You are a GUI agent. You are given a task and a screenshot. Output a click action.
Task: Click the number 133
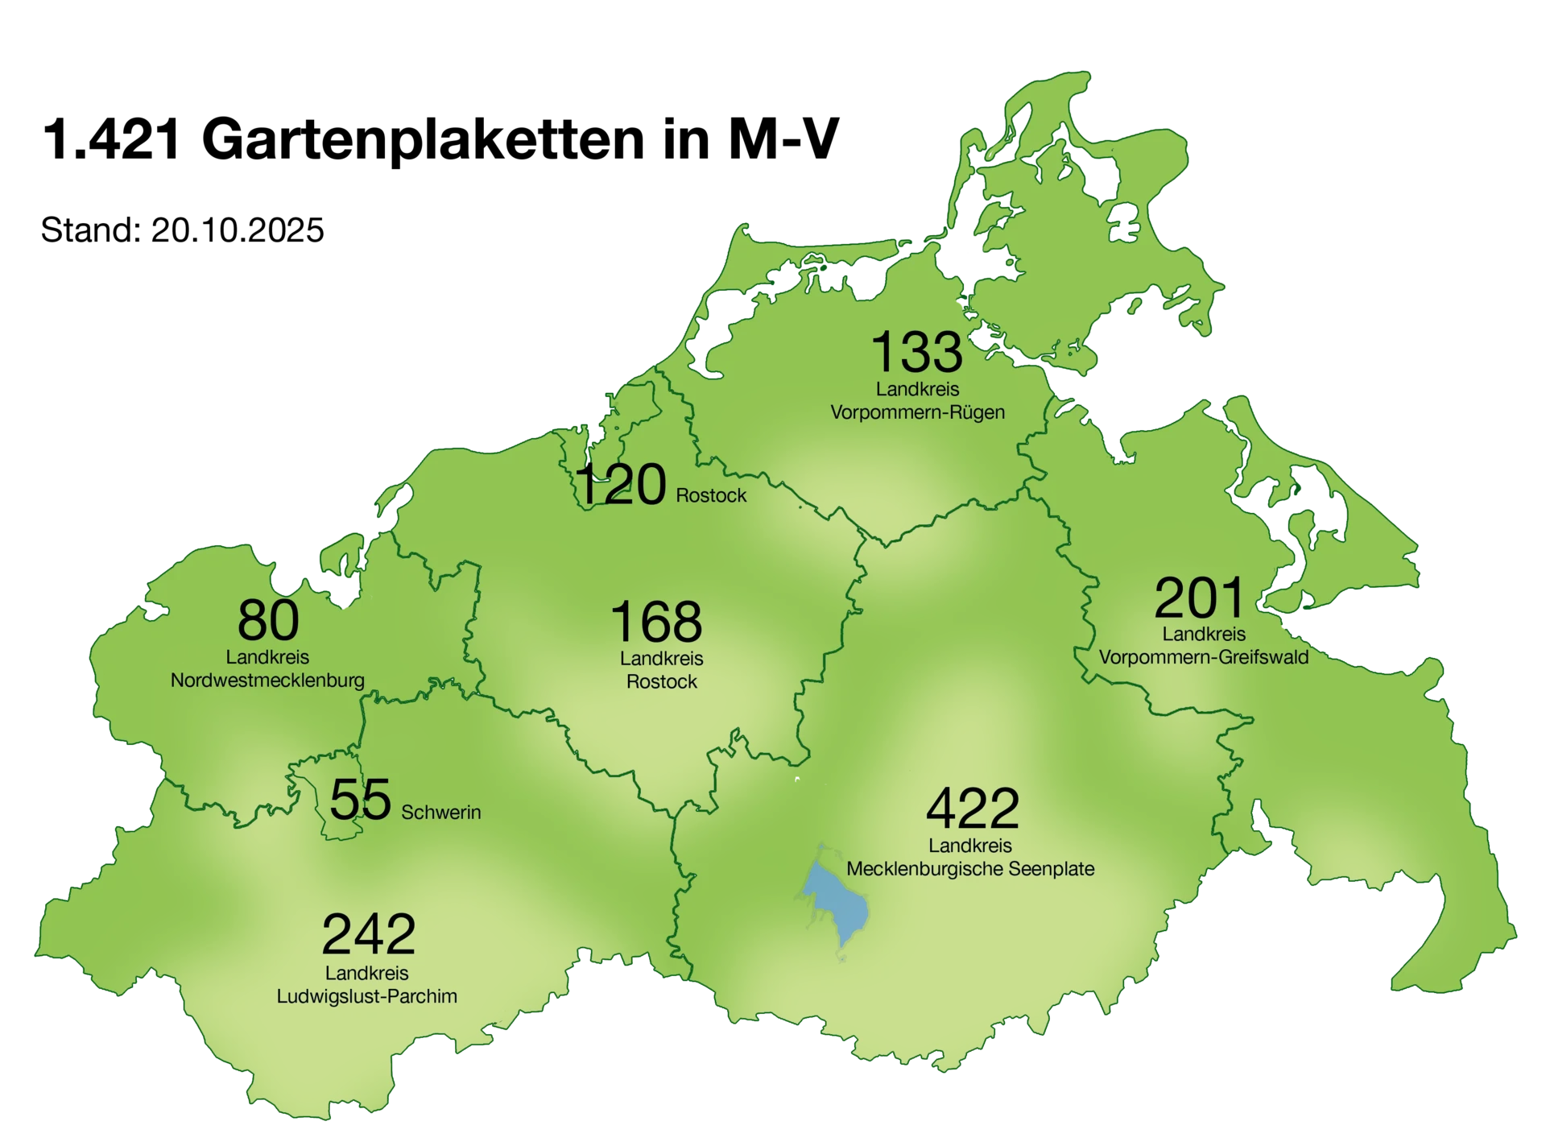[x=917, y=352]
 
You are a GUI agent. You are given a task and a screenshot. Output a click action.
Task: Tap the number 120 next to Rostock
[x=622, y=485]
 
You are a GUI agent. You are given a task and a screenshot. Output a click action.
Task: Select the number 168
[x=656, y=621]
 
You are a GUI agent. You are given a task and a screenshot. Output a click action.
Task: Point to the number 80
[x=268, y=620]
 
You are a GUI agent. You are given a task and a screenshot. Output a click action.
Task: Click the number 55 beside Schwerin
[x=360, y=799]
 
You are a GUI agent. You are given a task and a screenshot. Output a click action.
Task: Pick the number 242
[x=368, y=934]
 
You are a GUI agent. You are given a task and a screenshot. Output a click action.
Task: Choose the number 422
[x=973, y=809]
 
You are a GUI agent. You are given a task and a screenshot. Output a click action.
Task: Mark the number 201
[x=1200, y=598]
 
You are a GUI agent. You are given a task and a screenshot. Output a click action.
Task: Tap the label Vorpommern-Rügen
[x=917, y=412]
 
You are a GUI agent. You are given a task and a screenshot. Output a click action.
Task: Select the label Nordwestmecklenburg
[x=267, y=681]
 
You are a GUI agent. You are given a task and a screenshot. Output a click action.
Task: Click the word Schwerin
[x=440, y=813]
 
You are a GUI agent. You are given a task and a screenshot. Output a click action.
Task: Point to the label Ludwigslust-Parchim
[x=367, y=996]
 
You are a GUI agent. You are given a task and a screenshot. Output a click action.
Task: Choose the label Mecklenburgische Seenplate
[x=970, y=869]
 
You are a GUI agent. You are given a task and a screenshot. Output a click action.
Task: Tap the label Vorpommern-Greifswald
[x=1203, y=657]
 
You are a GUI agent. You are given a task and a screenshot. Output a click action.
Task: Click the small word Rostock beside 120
[x=711, y=495]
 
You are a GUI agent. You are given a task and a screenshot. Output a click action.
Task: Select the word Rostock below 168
[x=662, y=681]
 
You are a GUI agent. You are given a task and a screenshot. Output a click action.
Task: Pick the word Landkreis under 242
[x=367, y=973]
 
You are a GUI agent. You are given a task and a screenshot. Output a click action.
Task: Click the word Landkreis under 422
[x=970, y=846]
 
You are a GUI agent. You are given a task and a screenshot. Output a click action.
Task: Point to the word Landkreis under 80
[x=267, y=657]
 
